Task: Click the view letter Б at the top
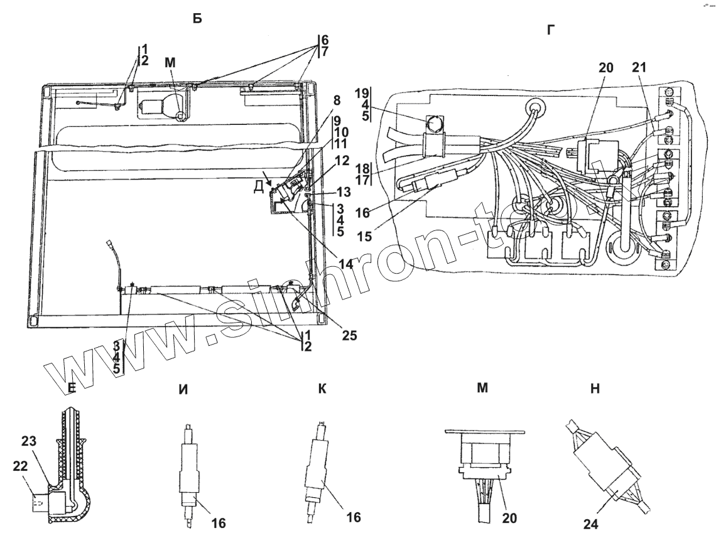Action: point(197,19)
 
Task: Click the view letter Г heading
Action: point(551,29)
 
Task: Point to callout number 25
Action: point(349,335)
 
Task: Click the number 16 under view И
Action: point(218,522)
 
